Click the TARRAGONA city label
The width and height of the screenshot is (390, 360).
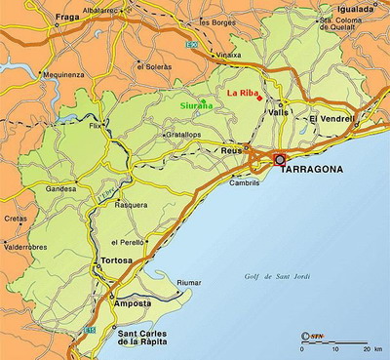(313, 170)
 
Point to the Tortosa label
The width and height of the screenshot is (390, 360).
(115, 261)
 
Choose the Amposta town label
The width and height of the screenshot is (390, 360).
(134, 303)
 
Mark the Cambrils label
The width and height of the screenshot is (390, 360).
(245, 182)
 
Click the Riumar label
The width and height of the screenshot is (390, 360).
(189, 283)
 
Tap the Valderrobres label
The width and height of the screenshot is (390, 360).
(25, 247)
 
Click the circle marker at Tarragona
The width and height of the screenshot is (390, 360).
(280, 158)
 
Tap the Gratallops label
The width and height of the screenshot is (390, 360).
(183, 135)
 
